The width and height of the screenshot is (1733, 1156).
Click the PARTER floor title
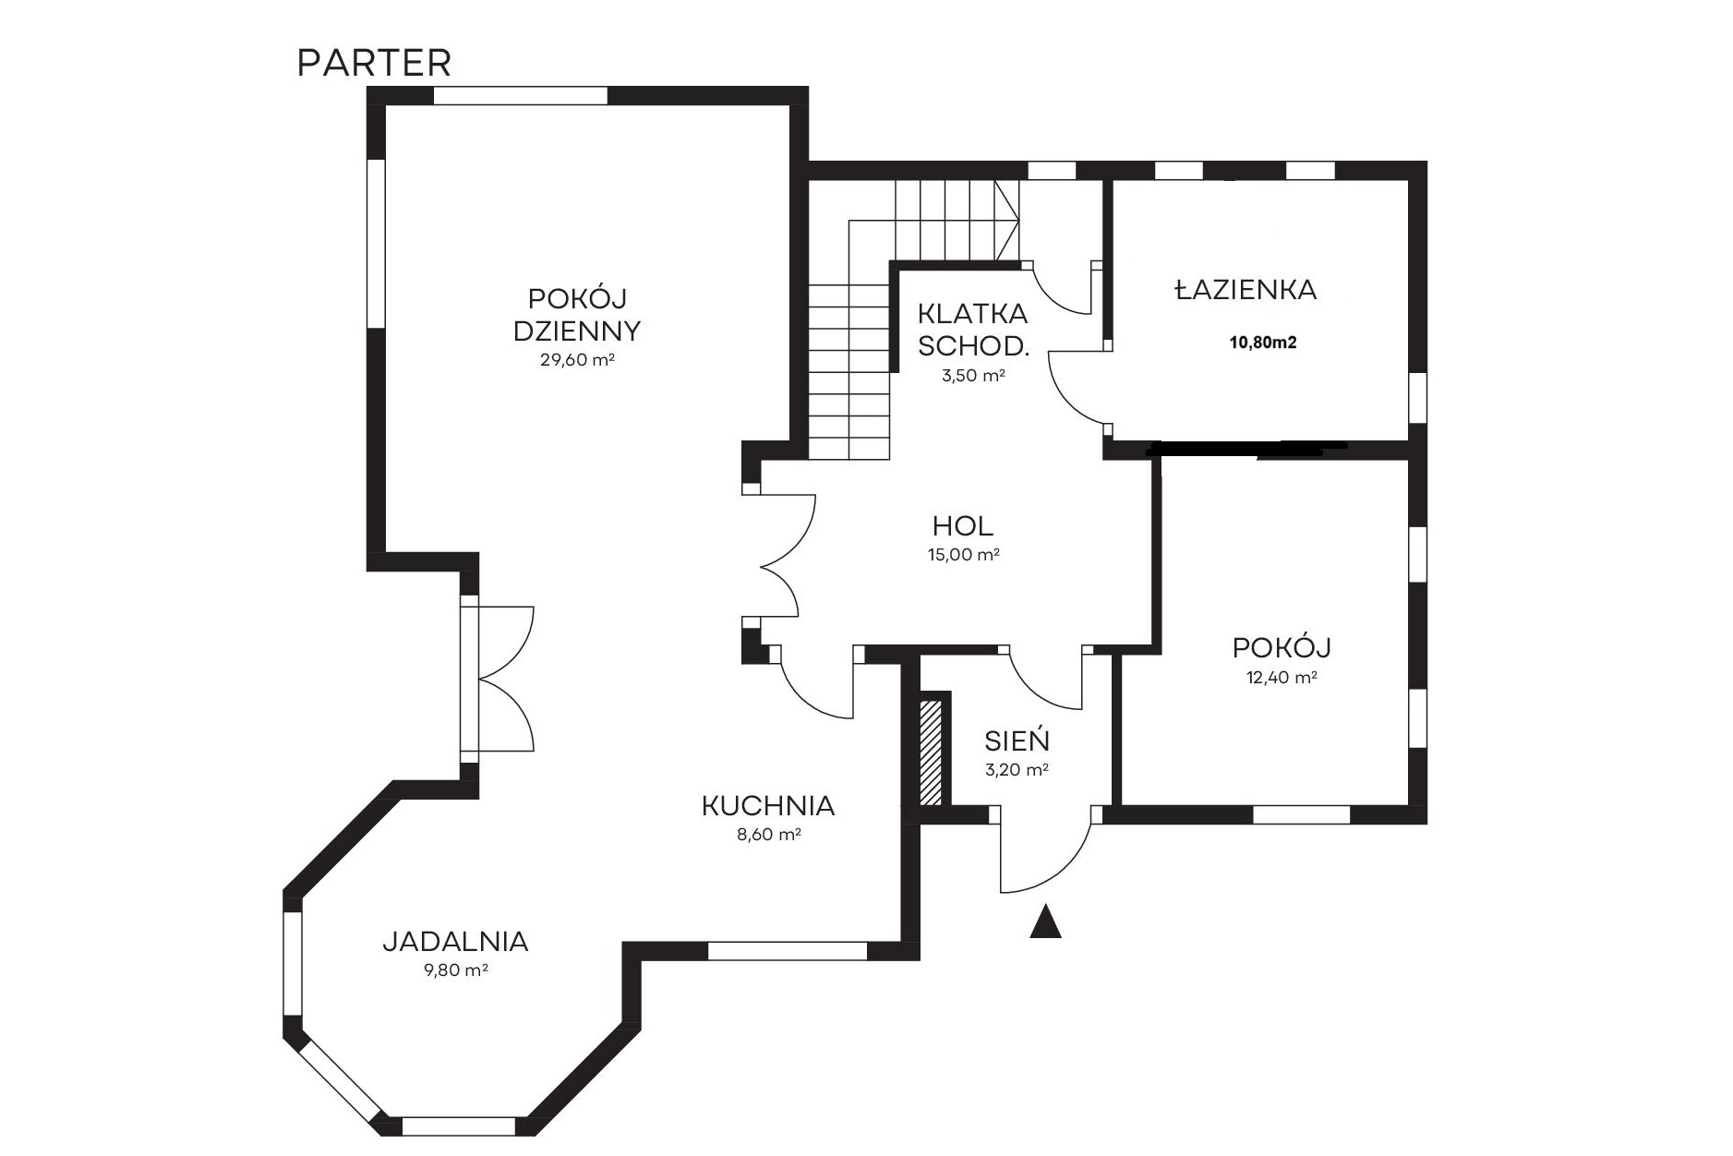(x=374, y=64)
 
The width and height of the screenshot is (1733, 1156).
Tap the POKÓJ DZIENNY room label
(x=577, y=315)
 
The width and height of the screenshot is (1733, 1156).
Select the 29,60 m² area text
(x=577, y=360)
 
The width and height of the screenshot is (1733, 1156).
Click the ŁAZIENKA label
(x=1246, y=290)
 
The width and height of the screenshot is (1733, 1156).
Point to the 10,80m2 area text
(x=1262, y=343)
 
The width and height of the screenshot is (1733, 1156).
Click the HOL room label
(x=963, y=526)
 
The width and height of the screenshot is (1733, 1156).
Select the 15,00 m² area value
(x=964, y=555)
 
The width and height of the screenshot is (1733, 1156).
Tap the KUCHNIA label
(x=768, y=806)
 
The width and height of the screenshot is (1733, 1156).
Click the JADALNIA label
(x=455, y=942)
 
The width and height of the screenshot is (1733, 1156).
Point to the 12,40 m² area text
(x=1282, y=677)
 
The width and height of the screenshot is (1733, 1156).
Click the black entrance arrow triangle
(x=1045, y=922)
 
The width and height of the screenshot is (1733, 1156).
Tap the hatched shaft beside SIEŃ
(x=931, y=752)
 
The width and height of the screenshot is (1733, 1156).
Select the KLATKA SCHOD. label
(x=973, y=330)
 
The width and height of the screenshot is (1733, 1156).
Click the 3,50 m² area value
(x=973, y=376)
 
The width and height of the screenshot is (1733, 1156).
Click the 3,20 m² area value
(x=1017, y=769)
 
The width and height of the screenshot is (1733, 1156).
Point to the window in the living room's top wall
(x=521, y=95)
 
